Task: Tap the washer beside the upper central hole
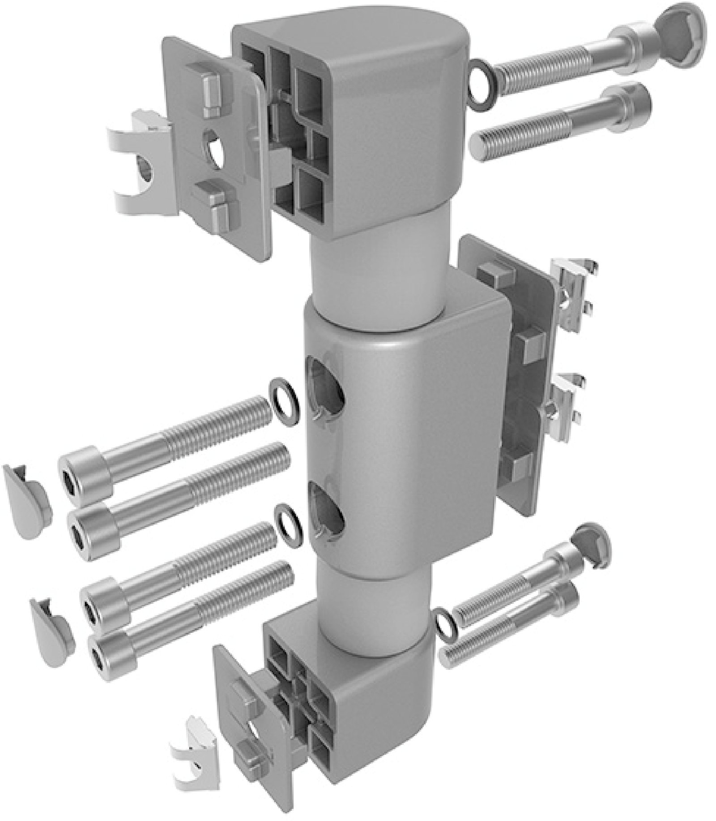click(285, 401)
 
